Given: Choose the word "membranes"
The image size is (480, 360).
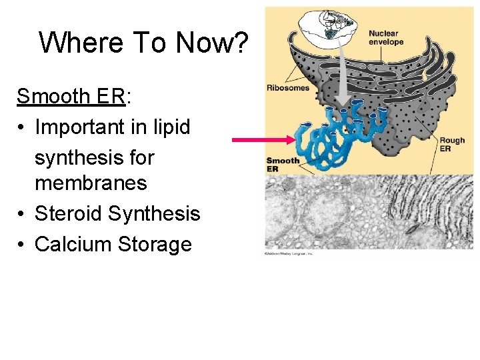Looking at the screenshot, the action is [91, 183].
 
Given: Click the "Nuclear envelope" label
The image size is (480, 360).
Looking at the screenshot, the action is [386, 37].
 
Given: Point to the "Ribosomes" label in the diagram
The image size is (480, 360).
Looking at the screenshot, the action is [288, 87].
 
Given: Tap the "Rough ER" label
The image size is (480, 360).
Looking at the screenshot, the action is [452, 144].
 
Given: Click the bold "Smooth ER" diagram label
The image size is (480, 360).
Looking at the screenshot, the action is [282, 165].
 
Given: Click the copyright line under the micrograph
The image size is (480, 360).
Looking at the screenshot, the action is [289, 253].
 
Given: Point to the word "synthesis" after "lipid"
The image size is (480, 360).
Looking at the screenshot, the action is [94, 157].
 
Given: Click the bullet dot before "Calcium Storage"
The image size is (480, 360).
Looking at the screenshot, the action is [22, 245].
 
